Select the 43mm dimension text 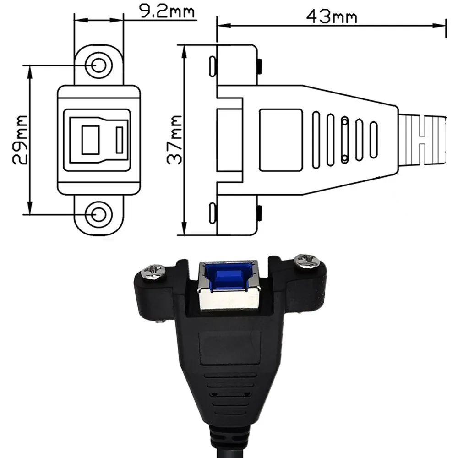(332, 16)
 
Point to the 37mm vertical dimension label (174, 140)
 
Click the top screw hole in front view (98, 65)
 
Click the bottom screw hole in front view (98, 214)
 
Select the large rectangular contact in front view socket (90, 140)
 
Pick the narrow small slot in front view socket (120, 140)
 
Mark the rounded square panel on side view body (281, 140)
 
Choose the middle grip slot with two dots (345, 140)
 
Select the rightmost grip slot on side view (373, 140)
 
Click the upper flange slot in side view (212, 66)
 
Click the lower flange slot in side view (212, 213)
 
